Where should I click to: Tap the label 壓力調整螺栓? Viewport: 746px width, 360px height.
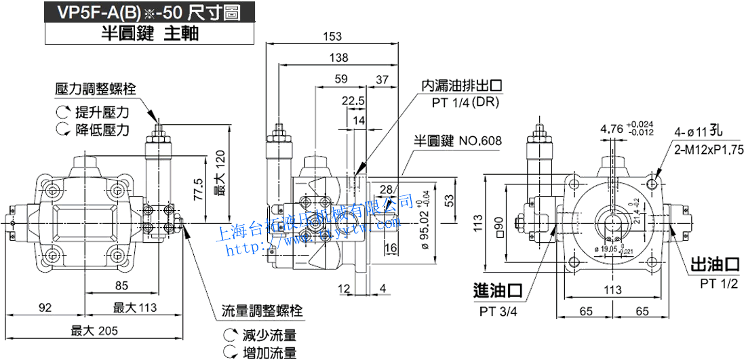96,88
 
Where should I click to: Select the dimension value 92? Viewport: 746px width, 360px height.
45,308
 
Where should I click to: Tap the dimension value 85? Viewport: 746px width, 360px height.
121,285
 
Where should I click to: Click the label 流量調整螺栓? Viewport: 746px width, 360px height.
262,312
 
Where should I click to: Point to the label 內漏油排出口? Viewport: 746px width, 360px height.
462,86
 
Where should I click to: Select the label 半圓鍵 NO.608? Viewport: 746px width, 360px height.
458,141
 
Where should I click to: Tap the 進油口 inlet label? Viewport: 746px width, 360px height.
498,291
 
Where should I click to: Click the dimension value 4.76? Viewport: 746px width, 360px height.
612,128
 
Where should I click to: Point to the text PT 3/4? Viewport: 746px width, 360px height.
498,312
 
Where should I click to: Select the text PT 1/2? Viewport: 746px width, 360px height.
718,283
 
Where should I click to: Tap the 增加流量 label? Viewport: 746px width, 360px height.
269,352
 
